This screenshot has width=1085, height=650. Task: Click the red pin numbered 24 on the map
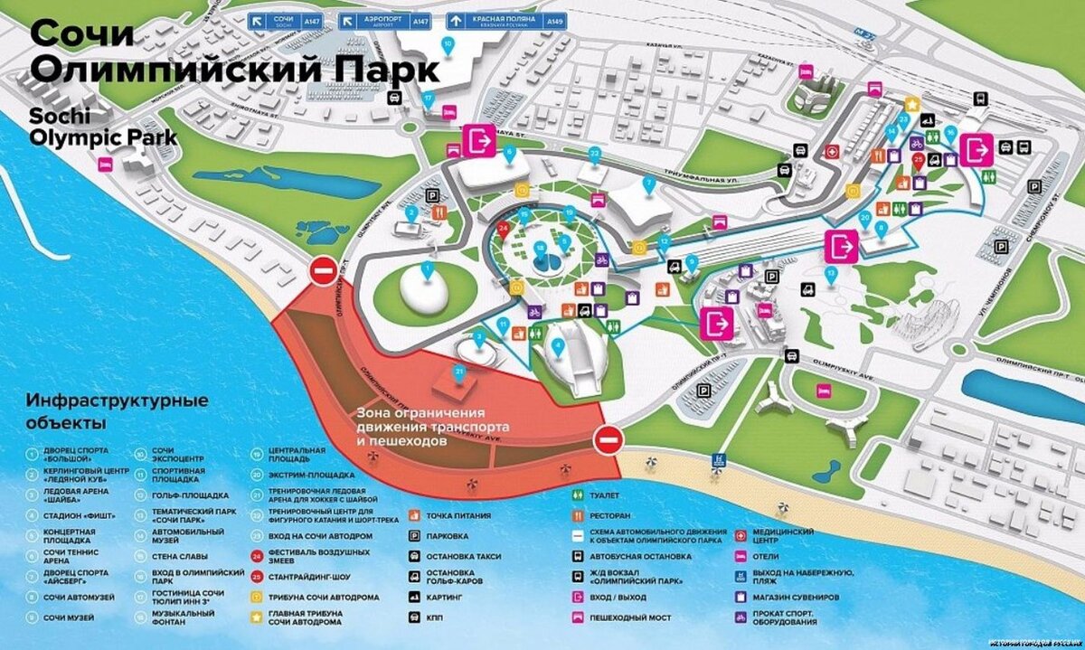coord(504,229)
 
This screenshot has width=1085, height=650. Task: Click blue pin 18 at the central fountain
coord(540,247)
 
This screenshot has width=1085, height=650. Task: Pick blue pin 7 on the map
coord(647,184)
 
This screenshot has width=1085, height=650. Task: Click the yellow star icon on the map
coord(914,105)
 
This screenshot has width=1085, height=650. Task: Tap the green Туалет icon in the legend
coord(577,495)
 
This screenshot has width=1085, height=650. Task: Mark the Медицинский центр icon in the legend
coord(742,535)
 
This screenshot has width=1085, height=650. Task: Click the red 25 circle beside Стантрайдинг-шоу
coord(259,577)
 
